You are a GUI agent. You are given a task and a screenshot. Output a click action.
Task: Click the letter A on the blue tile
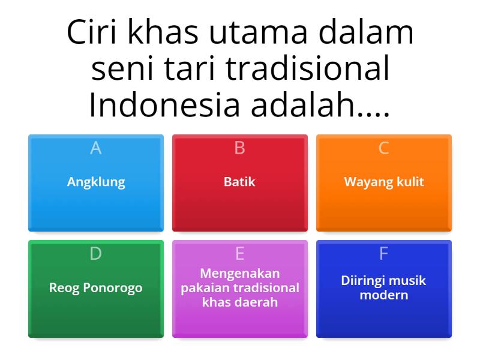click(95, 148)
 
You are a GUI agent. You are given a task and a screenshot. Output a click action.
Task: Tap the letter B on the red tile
click(239, 148)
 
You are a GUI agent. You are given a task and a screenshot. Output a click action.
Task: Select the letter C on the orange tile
click(384, 148)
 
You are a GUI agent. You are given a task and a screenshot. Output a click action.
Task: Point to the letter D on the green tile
click(95, 254)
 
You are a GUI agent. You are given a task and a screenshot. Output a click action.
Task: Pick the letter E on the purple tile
click(239, 254)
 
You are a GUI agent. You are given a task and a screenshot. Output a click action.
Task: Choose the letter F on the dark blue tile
click(384, 254)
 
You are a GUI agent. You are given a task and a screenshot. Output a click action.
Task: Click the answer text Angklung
click(96, 182)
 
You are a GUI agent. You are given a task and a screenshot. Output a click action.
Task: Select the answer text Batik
click(239, 182)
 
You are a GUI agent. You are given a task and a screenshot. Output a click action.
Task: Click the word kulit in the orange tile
click(408, 182)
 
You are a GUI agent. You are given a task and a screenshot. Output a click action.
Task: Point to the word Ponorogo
click(112, 288)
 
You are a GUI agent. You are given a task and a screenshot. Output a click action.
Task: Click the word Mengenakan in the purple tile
click(240, 274)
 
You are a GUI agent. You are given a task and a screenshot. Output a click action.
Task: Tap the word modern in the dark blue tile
click(384, 295)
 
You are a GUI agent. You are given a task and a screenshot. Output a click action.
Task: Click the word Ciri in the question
click(91, 33)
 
